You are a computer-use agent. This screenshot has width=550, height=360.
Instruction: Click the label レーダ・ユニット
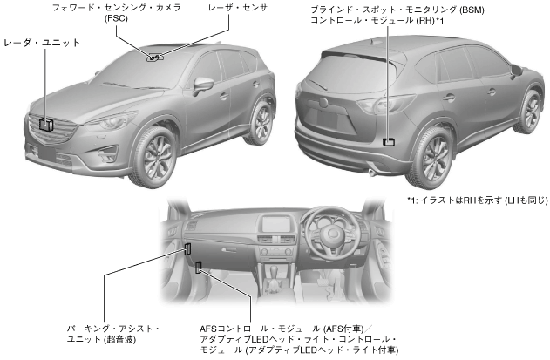(x=42, y=42)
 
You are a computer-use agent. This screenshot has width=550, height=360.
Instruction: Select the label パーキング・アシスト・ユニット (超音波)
(x=113, y=333)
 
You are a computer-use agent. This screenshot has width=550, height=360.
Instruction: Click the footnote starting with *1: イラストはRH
(x=477, y=200)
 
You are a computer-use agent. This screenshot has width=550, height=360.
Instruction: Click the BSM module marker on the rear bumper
(x=389, y=139)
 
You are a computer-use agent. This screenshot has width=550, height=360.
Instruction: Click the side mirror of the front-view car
(x=203, y=85)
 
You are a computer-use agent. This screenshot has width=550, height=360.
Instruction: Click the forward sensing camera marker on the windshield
(x=155, y=58)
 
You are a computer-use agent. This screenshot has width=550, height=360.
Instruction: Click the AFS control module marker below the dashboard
(x=199, y=268)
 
